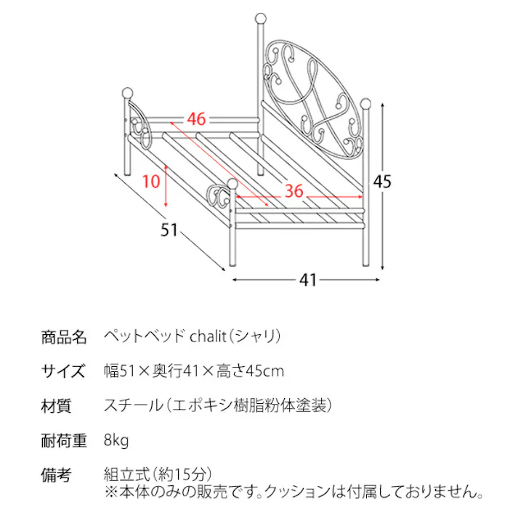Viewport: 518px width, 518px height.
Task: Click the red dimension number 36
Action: (294, 191)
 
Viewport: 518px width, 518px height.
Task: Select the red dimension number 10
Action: (151, 181)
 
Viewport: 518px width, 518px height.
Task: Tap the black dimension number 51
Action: (169, 230)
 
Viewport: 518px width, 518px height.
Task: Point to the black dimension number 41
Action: (308, 280)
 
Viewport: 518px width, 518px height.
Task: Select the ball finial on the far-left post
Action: (127, 93)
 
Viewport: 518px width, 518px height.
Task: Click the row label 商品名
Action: (64, 338)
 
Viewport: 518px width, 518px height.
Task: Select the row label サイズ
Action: (63, 372)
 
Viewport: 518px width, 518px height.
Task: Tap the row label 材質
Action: (56, 406)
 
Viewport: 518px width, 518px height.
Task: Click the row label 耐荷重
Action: (64, 440)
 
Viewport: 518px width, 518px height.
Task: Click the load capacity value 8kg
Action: (117, 440)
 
